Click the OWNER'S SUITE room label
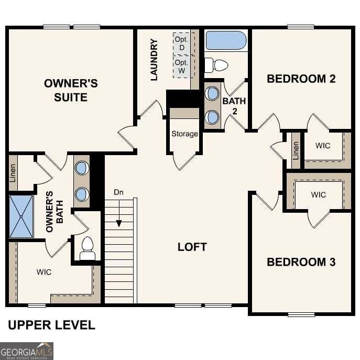pyautogui.click(x=70, y=90)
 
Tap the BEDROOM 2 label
pyautogui.click(x=301, y=79)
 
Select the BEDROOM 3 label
pyautogui.click(x=301, y=262)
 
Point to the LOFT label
pyautogui.click(x=192, y=247)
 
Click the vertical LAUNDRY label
pyautogui.click(x=154, y=60)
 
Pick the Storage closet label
pyautogui.click(x=184, y=134)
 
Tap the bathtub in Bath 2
pyautogui.click(x=226, y=40)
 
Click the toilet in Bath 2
pyautogui.click(x=216, y=66)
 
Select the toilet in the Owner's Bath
pyautogui.click(x=87, y=249)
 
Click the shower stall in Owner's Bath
pyautogui.click(x=21, y=216)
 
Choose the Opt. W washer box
pyautogui.click(x=183, y=66)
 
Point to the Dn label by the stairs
pyautogui.click(x=119, y=192)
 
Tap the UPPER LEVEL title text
pyautogui.click(x=51, y=325)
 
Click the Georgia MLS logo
pyautogui.click(x=27, y=351)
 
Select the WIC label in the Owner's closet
pyautogui.click(x=44, y=272)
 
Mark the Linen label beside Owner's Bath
pyautogui.click(x=13, y=173)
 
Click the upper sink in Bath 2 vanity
pyautogui.click(x=212, y=94)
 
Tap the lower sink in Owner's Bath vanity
pyautogui.click(x=82, y=194)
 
